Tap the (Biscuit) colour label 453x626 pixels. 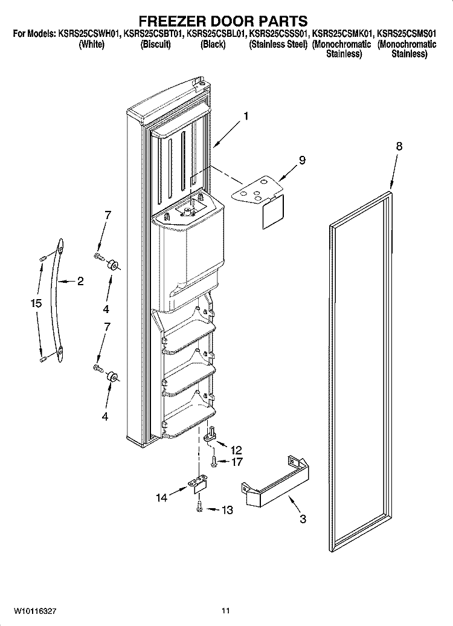[155, 44]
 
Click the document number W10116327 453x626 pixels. [34, 610]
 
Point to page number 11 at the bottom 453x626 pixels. [226, 610]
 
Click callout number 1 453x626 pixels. [246, 116]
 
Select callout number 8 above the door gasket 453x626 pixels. [399, 146]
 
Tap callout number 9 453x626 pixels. [302, 160]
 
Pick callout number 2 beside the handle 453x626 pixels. [80, 282]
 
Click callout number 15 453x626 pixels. [36, 303]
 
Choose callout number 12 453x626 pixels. [236, 450]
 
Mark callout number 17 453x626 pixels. [237, 462]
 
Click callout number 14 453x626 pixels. [162, 498]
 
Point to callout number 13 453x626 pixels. [227, 510]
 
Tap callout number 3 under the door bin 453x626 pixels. [303, 519]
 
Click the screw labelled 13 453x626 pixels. [199, 508]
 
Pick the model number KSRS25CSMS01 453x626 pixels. [406, 34]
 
